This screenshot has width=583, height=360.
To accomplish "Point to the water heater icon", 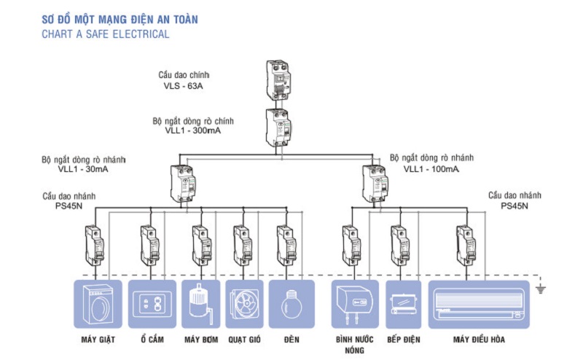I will point(354,304).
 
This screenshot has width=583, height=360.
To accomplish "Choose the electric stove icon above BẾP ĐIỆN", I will point(403,304).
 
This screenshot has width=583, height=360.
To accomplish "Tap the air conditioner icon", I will point(478,304).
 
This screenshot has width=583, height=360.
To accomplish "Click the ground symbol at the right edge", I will point(540,289).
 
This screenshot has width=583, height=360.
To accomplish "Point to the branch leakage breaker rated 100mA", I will point(375,184).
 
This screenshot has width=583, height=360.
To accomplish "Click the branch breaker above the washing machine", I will point(94,246).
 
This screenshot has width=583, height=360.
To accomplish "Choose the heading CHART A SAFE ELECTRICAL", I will point(106,34).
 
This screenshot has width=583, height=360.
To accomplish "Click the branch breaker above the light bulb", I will point(286,246).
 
